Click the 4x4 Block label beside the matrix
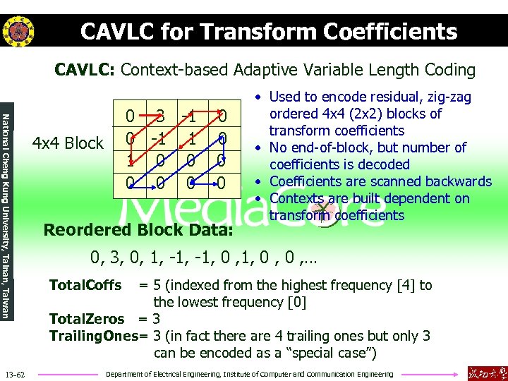68,143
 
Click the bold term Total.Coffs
85,286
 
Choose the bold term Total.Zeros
86,319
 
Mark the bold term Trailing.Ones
92,336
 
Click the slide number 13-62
14,373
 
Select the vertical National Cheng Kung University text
6,205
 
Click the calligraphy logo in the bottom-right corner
486,371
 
